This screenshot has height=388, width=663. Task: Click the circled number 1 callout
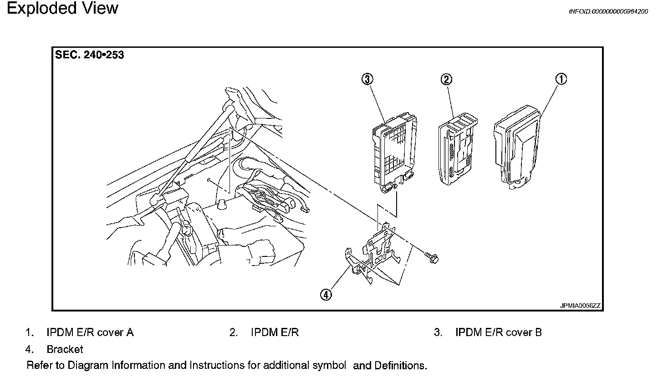point(561,79)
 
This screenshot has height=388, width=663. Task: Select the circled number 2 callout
point(446,80)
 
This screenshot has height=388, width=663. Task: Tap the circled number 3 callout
point(367,79)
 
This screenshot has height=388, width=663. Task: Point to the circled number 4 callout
point(326,295)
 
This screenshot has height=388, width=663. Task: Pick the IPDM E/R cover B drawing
point(394,155)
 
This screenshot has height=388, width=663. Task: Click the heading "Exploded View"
point(62,8)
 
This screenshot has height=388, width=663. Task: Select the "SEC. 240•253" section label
point(89,55)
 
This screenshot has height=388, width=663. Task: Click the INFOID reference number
point(608,11)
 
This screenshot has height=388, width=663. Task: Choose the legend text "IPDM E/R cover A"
point(90,332)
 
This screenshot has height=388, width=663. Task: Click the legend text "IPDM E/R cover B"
point(499,332)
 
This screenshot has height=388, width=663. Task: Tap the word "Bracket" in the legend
point(65,349)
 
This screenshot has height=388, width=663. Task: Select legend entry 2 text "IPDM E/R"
point(275,332)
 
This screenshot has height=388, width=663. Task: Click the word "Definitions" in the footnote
point(400,365)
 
